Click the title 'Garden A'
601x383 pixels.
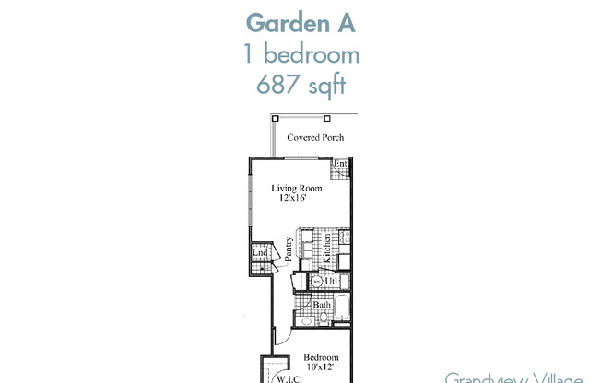pyautogui.click(x=300, y=21)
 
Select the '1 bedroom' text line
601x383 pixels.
pyautogui.click(x=300, y=54)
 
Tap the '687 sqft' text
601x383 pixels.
pyautogui.click(x=300, y=87)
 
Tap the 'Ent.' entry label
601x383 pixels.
pyautogui.click(x=340, y=164)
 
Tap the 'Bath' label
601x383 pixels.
pyautogui.click(x=322, y=305)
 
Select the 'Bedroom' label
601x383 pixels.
pyautogui.click(x=321, y=358)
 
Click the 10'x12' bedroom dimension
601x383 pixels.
pyautogui.click(x=321, y=367)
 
